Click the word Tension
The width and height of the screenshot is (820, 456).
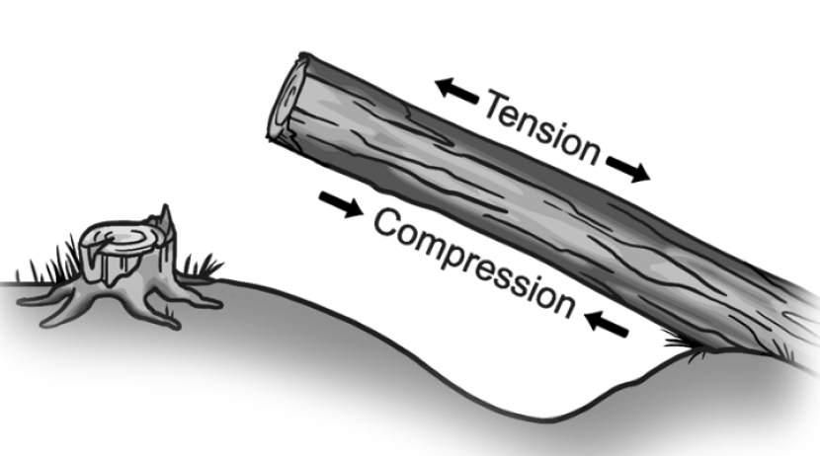pos(541,127)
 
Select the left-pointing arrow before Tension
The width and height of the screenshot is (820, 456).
pos(457,91)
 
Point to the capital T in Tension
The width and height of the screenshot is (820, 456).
pos(494,101)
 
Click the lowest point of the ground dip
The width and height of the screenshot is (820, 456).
pos(564,406)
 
